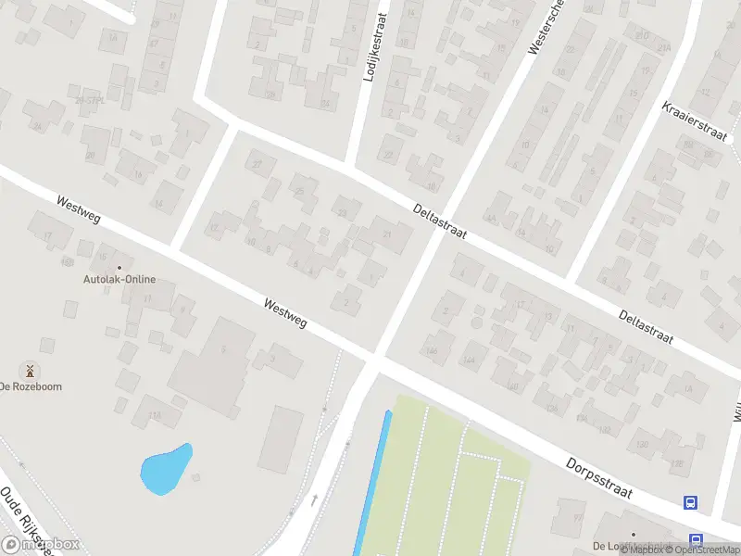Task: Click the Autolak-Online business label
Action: (119, 280)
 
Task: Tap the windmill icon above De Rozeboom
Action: (30, 371)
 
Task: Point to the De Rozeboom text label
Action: (31, 386)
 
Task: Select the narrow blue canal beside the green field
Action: (372, 482)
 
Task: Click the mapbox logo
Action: (41, 545)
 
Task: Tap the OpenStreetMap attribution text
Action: (703, 550)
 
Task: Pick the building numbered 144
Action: (470, 360)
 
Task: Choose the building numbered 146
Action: (432, 351)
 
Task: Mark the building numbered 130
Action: (605, 431)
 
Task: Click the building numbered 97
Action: (578, 516)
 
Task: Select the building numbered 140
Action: (512, 386)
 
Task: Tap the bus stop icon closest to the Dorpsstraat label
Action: (690, 502)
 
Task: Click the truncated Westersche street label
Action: (545, 27)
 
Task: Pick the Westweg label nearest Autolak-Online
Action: (78, 213)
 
